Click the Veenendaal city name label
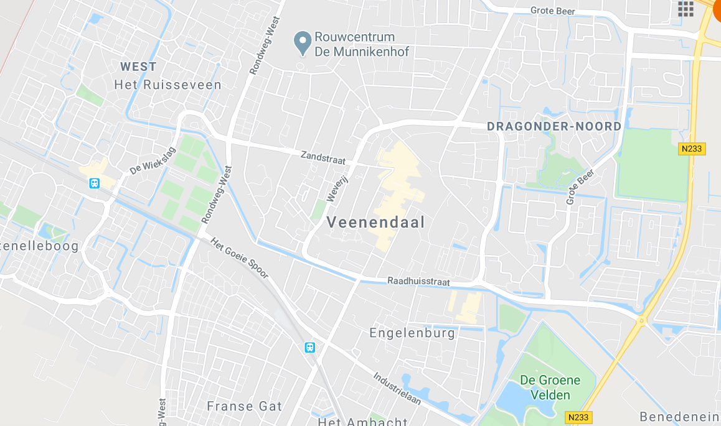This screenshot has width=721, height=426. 375,222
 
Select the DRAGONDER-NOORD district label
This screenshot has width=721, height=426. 554,126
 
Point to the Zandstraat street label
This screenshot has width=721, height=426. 323,159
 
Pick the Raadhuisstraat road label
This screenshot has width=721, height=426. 418,282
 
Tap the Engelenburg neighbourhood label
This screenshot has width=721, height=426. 412,333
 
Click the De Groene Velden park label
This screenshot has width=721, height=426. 550,387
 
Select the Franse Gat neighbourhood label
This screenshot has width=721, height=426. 244,407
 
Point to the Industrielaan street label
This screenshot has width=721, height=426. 397,389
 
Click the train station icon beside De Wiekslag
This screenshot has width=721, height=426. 94,183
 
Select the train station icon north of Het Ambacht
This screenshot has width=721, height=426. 309,348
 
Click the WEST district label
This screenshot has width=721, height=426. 138,67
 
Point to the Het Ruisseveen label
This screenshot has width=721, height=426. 167,85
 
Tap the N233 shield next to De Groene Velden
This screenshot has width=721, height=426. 580,417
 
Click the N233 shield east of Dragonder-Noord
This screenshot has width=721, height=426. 691,149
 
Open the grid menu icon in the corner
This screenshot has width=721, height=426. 686,9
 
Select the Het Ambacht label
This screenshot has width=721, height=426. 354,422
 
